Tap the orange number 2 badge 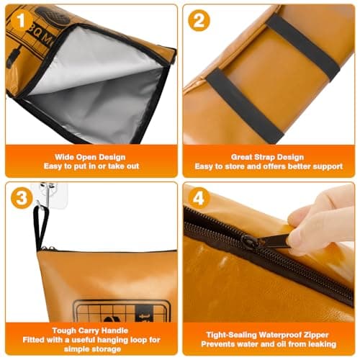(x=199, y=20)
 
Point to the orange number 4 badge (x=199, y=198)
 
